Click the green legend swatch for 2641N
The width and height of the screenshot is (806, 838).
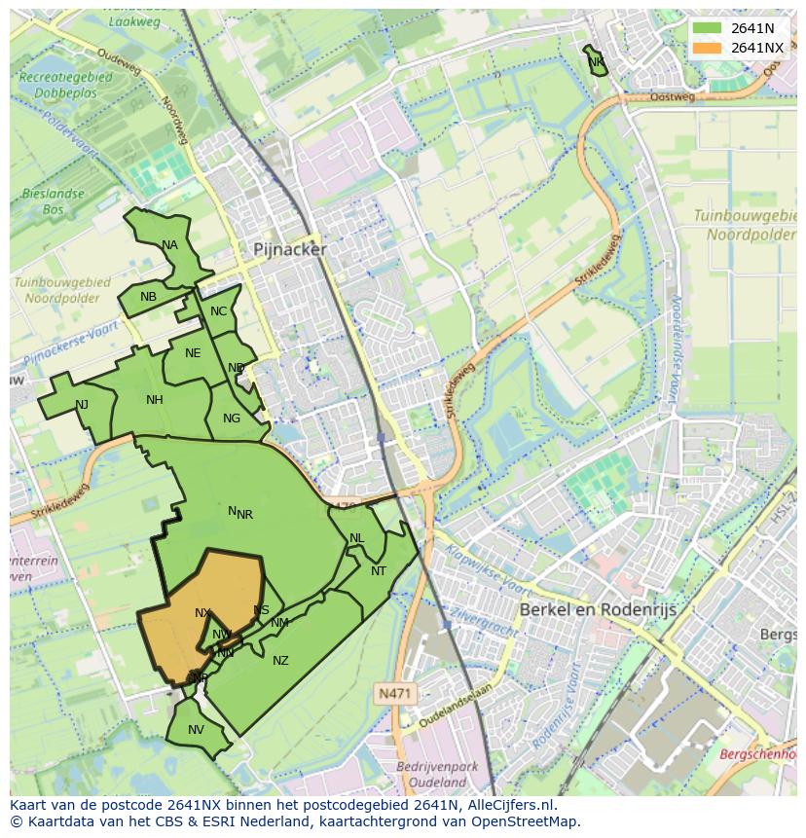click(x=707, y=28)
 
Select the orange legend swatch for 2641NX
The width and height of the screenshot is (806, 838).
click(x=707, y=48)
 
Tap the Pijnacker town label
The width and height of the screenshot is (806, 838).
click(x=290, y=249)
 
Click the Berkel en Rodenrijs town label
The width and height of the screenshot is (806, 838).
click(x=598, y=609)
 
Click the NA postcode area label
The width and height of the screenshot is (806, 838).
click(x=170, y=245)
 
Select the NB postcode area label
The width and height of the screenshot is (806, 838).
click(x=148, y=297)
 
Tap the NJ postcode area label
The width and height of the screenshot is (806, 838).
click(x=82, y=405)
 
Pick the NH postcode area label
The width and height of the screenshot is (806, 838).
click(x=155, y=400)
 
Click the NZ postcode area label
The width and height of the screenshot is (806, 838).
click(x=280, y=661)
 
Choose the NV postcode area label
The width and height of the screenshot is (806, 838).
click(x=196, y=730)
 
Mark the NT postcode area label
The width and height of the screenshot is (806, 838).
click(x=379, y=571)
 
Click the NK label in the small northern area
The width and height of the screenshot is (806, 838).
click(x=596, y=62)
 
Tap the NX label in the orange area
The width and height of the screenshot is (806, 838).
click(x=202, y=613)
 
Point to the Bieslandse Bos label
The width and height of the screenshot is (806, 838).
click(x=53, y=201)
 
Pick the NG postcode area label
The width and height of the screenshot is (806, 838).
click(x=232, y=419)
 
